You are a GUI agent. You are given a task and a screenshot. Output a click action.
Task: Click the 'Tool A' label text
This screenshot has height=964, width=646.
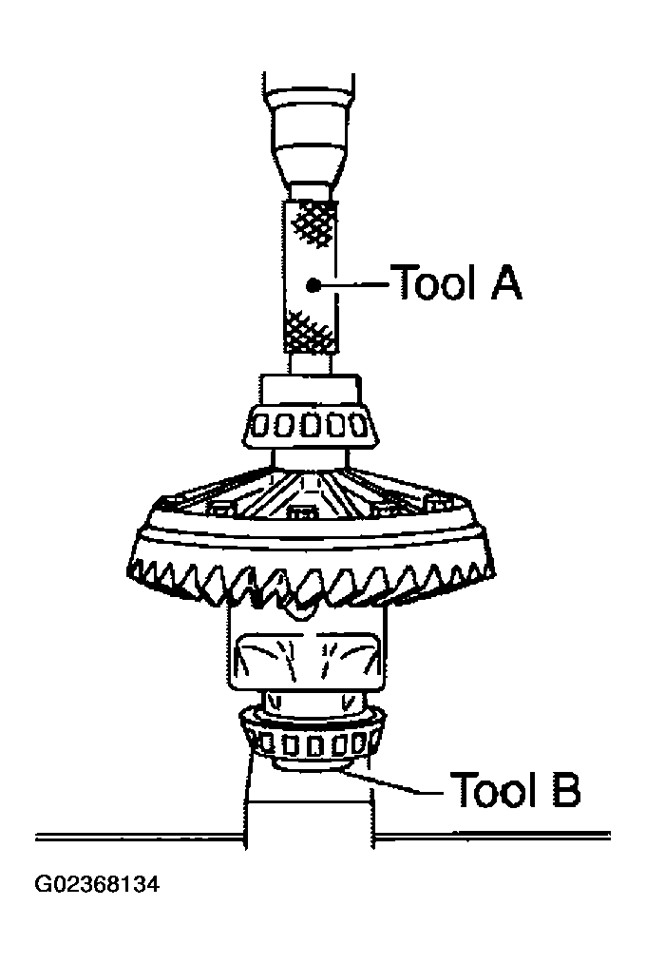tap(456, 282)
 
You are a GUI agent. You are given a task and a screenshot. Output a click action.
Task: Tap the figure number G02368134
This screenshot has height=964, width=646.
tap(97, 885)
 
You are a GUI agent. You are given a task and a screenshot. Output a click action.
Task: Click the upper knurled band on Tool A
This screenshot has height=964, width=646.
tap(312, 222)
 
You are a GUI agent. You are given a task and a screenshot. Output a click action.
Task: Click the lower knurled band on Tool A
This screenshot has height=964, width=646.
tap(312, 329)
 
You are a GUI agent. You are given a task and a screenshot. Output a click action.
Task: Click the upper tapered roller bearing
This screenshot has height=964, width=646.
tap(310, 424)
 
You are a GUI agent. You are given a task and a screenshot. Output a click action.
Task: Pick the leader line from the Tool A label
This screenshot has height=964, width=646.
tap(356, 282)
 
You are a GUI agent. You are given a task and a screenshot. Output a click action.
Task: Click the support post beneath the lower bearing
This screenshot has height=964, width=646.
tap(311, 818)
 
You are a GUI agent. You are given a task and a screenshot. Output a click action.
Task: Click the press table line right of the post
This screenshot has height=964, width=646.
tap(494, 837)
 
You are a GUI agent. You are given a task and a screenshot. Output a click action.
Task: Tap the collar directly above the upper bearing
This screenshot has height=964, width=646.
tap(310, 388)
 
